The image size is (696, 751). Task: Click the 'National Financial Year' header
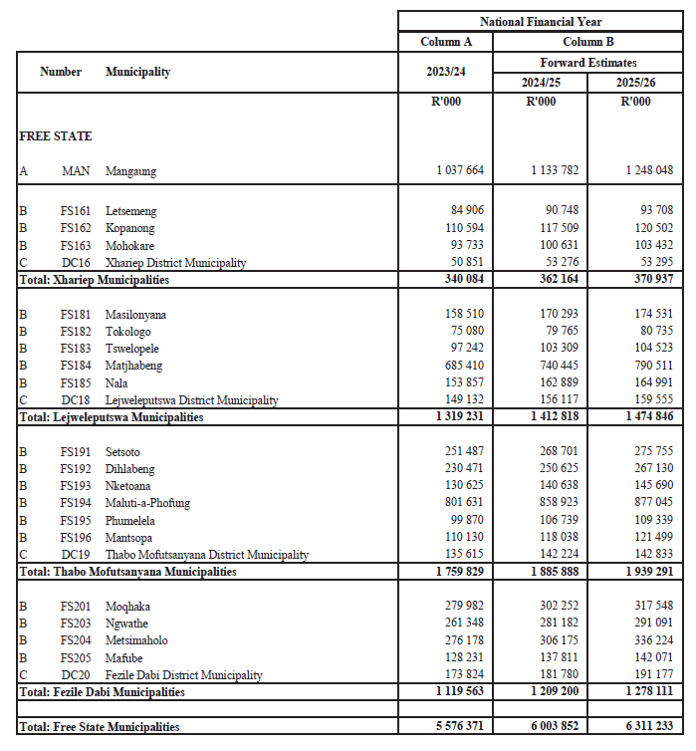click(541, 21)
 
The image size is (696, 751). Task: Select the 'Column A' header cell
click(445, 42)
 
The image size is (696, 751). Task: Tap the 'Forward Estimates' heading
click(587, 63)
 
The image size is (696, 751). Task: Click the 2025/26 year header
click(635, 82)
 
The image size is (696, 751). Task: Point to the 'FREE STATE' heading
click(55, 136)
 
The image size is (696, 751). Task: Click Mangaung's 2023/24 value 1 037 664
click(460, 171)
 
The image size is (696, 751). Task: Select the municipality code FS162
click(75, 229)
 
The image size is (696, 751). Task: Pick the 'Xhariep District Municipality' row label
click(175, 263)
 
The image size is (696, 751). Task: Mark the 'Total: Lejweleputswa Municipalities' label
click(111, 417)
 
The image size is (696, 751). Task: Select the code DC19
click(75, 555)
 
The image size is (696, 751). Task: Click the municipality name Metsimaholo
click(136, 640)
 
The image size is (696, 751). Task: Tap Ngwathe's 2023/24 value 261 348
click(463, 624)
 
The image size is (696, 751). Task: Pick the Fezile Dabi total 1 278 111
click(646, 691)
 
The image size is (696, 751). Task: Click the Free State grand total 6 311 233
click(646, 728)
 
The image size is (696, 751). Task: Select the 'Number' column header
click(60, 72)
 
